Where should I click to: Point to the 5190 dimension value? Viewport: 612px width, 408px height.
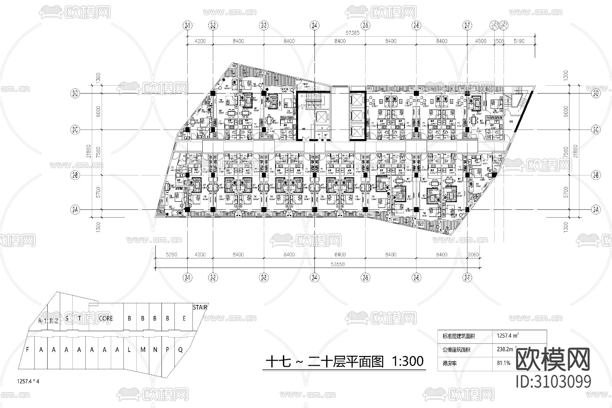pos(519,41)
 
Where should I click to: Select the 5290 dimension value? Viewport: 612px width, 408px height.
pos(171,255)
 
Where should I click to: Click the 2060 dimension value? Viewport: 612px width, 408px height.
pos(473,255)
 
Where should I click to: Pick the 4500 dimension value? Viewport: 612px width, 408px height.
pos(480,41)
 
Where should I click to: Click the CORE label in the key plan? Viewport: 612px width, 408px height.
pos(106,319)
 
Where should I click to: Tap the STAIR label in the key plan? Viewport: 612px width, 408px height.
pos(200,308)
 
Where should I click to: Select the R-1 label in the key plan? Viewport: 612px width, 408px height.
pos(42,321)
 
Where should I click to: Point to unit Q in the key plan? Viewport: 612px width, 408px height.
pos(180,350)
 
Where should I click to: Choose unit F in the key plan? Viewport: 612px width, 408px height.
pos(28,350)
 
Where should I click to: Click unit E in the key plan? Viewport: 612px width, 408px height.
pos(184,319)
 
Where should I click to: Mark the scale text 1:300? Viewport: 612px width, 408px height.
pos(408,361)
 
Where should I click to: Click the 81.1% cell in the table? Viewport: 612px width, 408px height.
pos(504,363)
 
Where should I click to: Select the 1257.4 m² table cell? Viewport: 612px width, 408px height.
pos(508,336)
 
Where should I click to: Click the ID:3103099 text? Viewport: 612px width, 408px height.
pos(554,381)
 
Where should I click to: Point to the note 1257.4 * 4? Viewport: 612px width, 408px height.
pos(28,381)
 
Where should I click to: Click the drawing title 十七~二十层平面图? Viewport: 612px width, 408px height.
pos(325,361)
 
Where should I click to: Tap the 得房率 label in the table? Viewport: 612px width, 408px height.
pos(449,363)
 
